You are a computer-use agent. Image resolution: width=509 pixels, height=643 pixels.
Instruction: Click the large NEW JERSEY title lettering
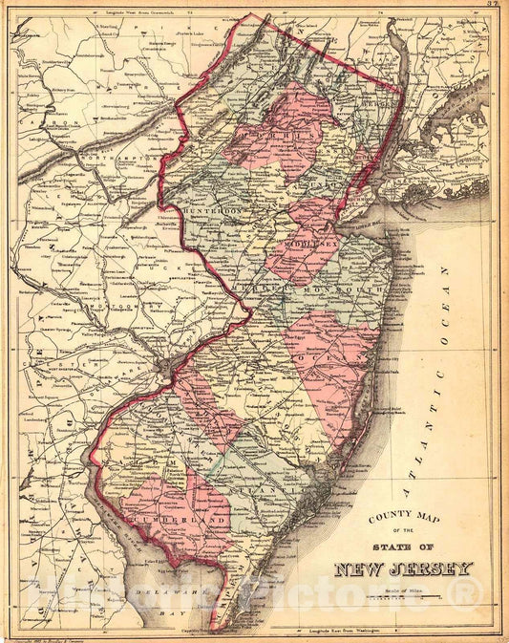tap(403, 570)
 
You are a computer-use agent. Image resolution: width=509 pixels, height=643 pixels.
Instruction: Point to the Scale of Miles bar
tap(401, 597)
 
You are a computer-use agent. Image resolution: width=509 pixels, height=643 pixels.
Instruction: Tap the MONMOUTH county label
tap(352, 287)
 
